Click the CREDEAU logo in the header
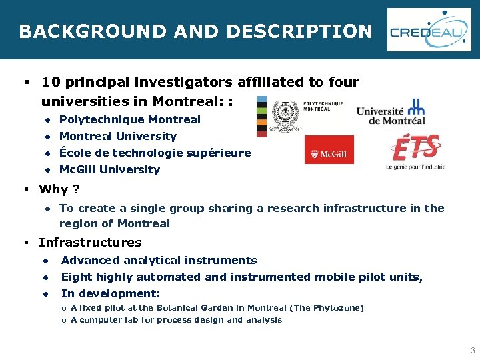tap(429, 30)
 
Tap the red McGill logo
tap(329, 150)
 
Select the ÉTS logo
tap(415, 150)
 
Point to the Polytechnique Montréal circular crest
tap(285, 114)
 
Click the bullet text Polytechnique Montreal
tap(130, 120)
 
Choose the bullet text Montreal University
tap(118, 137)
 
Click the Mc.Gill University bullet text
tap(110, 170)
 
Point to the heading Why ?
tap(60, 189)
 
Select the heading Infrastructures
tap(90, 243)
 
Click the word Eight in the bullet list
tap(76, 277)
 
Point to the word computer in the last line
tap(101, 320)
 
